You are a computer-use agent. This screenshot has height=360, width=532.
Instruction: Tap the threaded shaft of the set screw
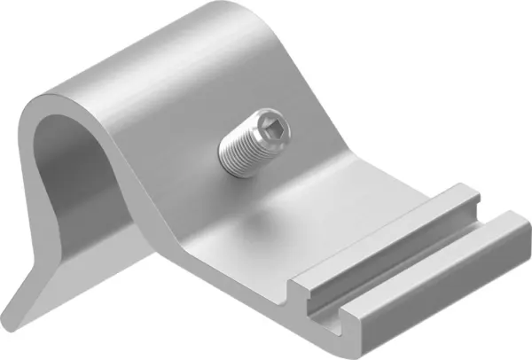pos(240,150)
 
